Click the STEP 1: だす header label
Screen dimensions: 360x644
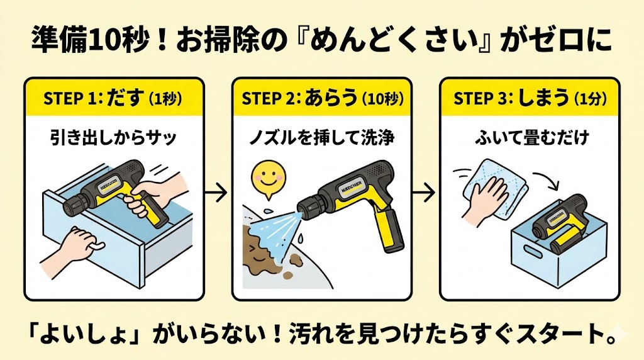[113, 99]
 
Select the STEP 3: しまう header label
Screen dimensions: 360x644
[528, 99]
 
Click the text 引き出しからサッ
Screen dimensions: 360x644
[113, 138]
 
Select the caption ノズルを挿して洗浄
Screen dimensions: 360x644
[321, 138]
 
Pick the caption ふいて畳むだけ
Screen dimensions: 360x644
[528, 138]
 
